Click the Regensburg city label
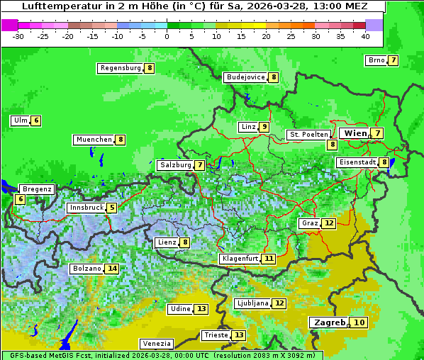pyautogui.click(x=121, y=68)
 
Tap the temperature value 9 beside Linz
pyautogui.click(x=264, y=127)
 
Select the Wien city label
pyautogui.click(x=356, y=133)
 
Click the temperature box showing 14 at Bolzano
pyautogui.click(x=112, y=269)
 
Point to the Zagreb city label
pyautogui.click(x=329, y=322)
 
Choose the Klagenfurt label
pyautogui.click(x=239, y=259)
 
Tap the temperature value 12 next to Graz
pyautogui.click(x=328, y=223)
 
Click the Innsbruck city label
pyautogui.click(x=86, y=208)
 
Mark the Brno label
pyautogui.click(x=376, y=60)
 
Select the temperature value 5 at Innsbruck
pyautogui.click(x=112, y=208)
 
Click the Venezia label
pyautogui.click(x=156, y=343)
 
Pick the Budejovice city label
pyautogui.click(x=245, y=77)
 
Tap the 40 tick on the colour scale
pyautogui.click(x=365, y=35)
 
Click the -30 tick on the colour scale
pyautogui.click(x=18, y=35)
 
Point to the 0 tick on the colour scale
pyautogui.click(x=167, y=35)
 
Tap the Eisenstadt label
pyautogui.click(x=357, y=162)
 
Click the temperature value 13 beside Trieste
pyautogui.click(x=239, y=335)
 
